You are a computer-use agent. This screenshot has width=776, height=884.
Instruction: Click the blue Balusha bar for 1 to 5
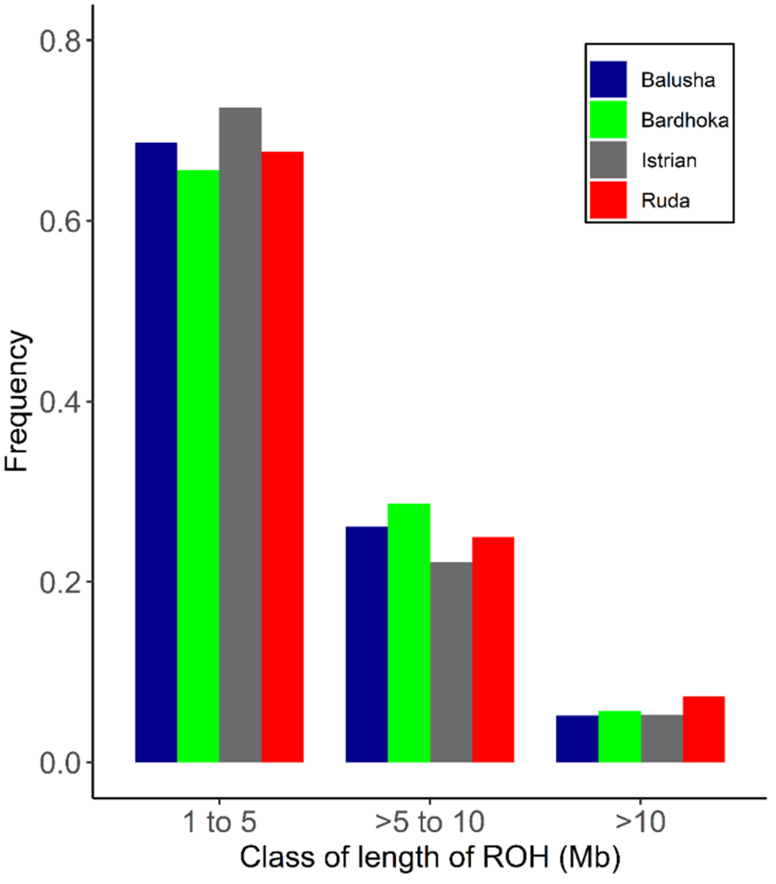coord(156,452)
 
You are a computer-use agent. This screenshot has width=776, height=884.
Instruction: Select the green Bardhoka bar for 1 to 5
coord(198,466)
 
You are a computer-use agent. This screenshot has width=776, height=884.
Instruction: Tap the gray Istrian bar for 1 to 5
coord(240,435)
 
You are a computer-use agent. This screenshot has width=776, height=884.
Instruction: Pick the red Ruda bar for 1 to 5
coord(282,457)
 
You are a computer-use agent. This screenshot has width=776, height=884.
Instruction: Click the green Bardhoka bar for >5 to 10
coord(409,633)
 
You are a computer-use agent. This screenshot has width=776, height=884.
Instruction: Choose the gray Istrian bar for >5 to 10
coord(451,662)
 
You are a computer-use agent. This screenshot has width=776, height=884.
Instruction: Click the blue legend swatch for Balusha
coord(608,79)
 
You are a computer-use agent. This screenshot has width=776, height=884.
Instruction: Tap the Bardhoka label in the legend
coord(684,120)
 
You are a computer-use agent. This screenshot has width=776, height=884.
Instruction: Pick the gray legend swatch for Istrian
coord(608,159)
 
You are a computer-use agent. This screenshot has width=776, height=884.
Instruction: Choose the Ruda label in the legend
coord(665,201)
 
